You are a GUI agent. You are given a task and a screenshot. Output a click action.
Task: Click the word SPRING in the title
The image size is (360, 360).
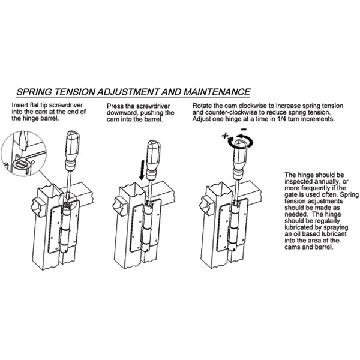pos(37,92)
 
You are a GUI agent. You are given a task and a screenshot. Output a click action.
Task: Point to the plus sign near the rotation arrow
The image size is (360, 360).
pos(225,136)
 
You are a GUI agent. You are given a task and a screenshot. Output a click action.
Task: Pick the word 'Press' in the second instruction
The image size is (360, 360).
pos(116,105)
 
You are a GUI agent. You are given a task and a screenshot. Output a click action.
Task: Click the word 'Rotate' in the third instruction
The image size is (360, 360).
pos(204,105)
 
